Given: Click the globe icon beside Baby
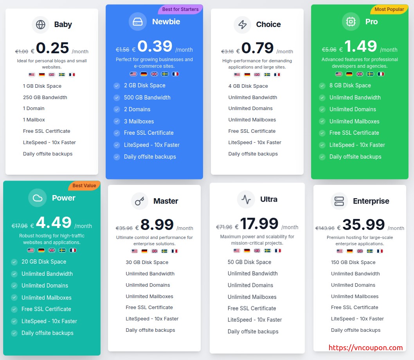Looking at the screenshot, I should point(40,25).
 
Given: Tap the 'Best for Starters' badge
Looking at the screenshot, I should point(180,9).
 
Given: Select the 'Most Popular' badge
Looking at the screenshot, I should point(389,9).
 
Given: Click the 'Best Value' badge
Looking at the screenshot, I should point(84,186).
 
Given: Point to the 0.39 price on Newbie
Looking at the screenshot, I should point(155,47).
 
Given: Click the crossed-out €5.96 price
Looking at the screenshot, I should point(329,50).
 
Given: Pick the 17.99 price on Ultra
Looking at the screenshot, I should point(259,224).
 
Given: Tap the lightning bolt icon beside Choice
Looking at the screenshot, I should point(243,25).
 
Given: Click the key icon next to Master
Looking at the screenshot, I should point(140,201).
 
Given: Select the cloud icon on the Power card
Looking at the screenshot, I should point(38,198).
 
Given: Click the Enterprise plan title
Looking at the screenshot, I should point(371,201).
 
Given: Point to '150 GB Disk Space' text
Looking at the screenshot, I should point(353,262).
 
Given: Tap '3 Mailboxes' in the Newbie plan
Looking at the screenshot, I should point(139,121).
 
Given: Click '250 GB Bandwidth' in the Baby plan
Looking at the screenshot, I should point(45,98).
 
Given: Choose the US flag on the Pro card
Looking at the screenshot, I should point(339,74).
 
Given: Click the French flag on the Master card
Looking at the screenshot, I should point(174,251).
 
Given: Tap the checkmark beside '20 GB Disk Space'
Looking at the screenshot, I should point(14,262).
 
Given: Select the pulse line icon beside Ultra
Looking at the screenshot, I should point(246,199).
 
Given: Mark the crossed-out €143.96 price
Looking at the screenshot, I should point(325,228).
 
